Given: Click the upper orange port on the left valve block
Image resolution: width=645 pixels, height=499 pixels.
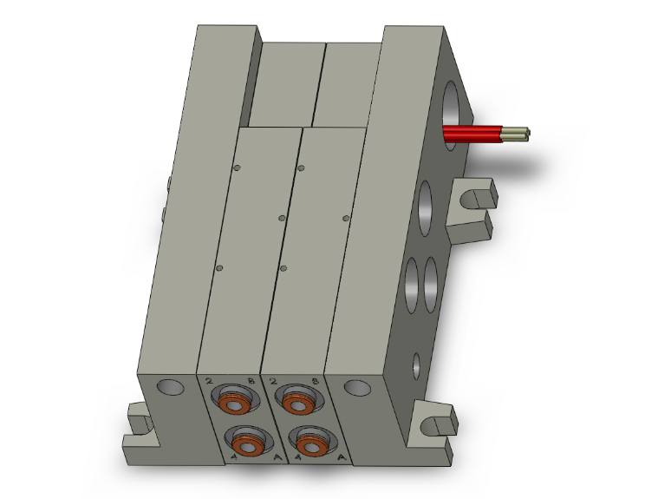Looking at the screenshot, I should click(232, 403).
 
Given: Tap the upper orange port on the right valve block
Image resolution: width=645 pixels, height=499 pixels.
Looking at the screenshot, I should click(296, 404).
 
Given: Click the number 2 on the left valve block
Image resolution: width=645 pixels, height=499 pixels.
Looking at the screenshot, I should click(210, 381).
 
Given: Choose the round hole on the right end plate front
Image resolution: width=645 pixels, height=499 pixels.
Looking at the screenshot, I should click(356, 387).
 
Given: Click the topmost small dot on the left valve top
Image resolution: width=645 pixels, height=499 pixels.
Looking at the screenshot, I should click(236, 168).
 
